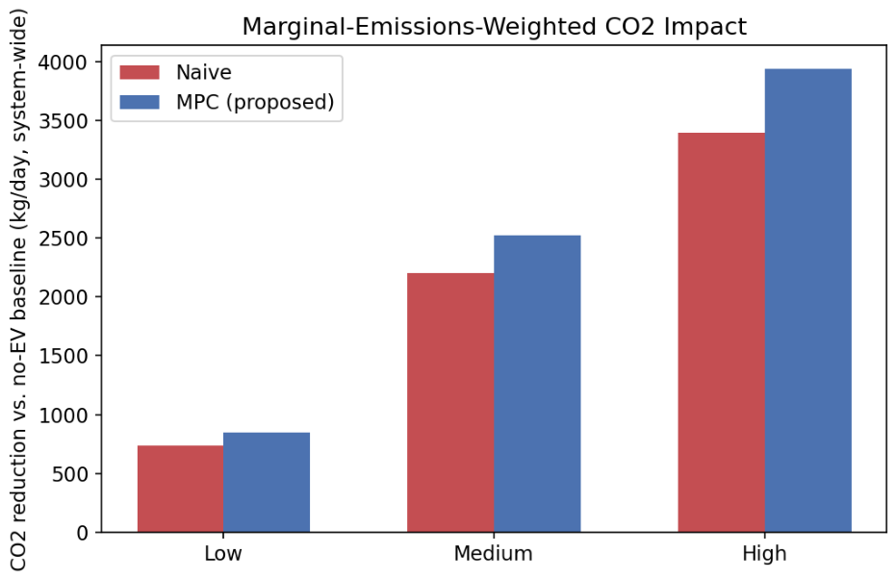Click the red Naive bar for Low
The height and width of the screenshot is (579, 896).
181,489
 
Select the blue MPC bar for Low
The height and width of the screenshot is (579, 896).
267,483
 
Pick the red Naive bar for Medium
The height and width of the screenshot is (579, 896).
450,403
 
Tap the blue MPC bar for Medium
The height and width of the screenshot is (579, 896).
537,384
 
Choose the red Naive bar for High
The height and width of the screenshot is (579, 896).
722,333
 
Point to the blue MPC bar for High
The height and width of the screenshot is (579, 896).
808,300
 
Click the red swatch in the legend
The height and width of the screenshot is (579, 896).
140,72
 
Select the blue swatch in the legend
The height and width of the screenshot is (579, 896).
140,102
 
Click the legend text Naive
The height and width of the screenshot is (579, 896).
204,72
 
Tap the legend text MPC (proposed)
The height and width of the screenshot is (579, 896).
255,102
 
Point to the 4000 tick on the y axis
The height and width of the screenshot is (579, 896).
63,62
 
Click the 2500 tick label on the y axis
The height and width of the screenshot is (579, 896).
63,239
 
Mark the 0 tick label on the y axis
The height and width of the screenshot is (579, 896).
83,533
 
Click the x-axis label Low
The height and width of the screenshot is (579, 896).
223,553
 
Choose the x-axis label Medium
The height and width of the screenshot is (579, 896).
494,553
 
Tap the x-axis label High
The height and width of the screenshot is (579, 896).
764,553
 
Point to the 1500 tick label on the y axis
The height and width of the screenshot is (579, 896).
63,356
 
